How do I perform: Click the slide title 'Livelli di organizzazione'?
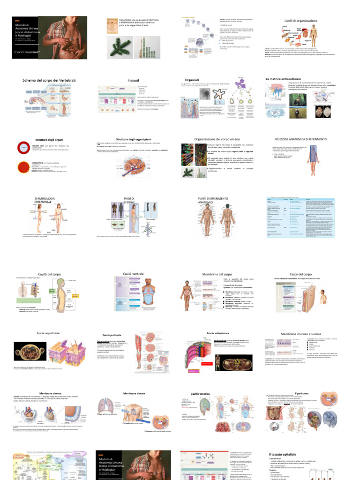pyautogui.click(x=301, y=21)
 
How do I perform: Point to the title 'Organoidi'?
pyautogui.click(x=192, y=80)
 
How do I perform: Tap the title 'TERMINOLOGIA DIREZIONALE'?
pyautogui.click(x=45, y=200)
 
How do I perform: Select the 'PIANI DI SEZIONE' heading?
pyautogui.click(x=129, y=200)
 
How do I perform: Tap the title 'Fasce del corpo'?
pyautogui.click(x=301, y=274)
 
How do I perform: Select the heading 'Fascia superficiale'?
pyautogui.click(x=48, y=333)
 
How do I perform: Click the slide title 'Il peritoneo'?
pyautogui.click(x=300, y=393)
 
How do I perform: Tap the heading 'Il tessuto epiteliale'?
pyautogui.click(x=284, y=455)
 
